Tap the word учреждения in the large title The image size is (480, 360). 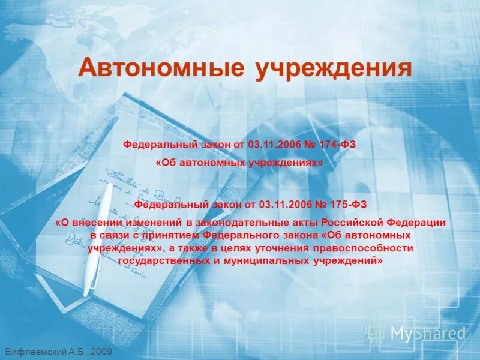tap(334, 67)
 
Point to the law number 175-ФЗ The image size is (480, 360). tap(347, 204)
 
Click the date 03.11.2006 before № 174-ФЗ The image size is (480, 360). tap(268, 146)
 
